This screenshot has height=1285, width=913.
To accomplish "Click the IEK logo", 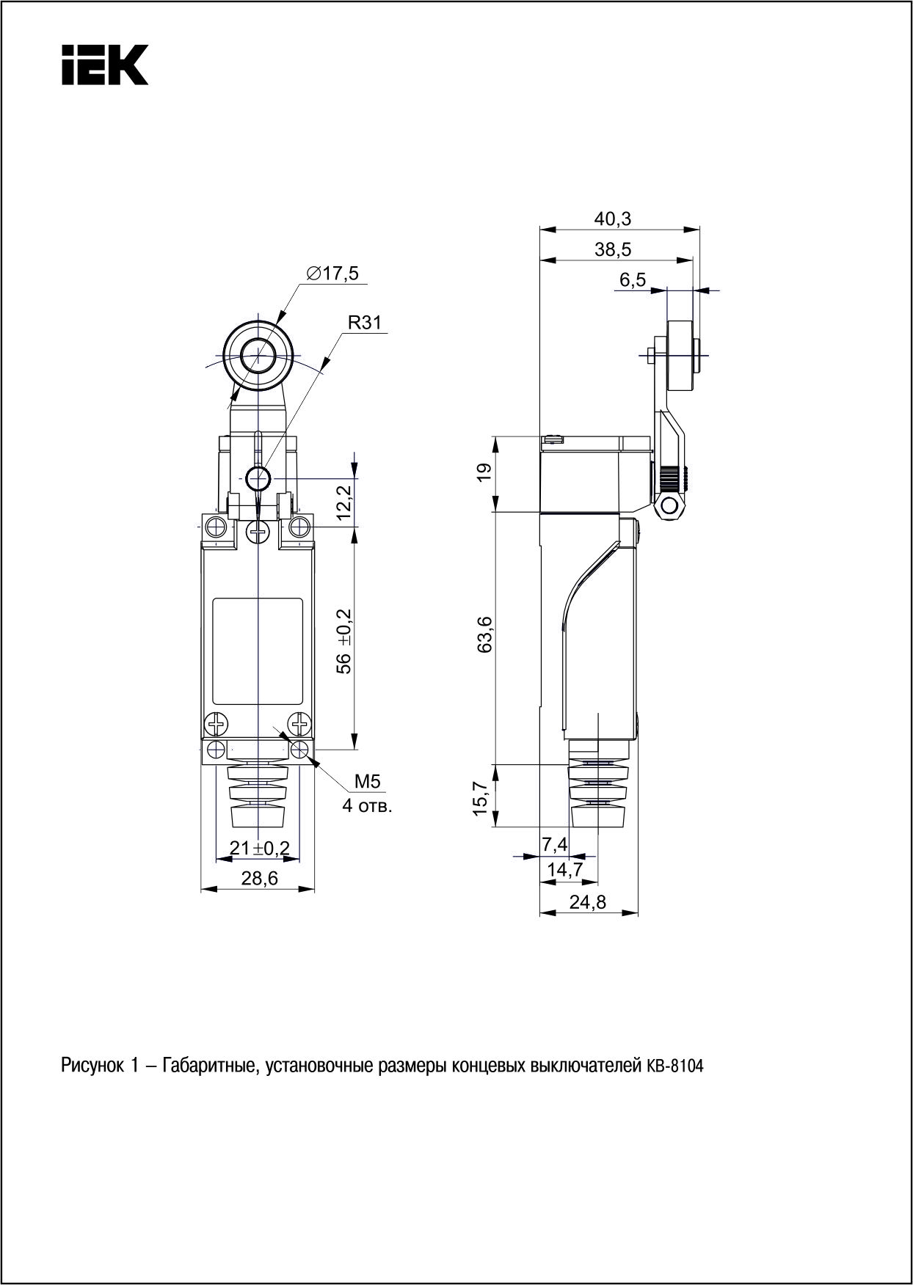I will pos(105,65).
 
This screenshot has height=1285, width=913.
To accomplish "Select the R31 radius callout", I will pos(364,323).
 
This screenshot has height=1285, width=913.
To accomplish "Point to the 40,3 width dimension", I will pos(613,219).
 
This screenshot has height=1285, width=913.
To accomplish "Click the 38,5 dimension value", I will pos(613,249).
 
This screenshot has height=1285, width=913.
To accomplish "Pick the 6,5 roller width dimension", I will pos(632,279).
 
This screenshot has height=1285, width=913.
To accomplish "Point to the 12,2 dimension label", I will pos(343,502).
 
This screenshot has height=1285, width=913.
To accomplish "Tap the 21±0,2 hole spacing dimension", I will pos(260,848).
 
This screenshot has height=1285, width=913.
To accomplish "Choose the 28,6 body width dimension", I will pos(259,878).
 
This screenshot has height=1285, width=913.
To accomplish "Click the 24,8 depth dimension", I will pos(588,902).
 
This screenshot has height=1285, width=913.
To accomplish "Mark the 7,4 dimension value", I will pos(555,845).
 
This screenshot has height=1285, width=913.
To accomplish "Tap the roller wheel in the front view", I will pos(258,358).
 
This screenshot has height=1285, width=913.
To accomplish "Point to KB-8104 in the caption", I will pos(674,1066).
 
